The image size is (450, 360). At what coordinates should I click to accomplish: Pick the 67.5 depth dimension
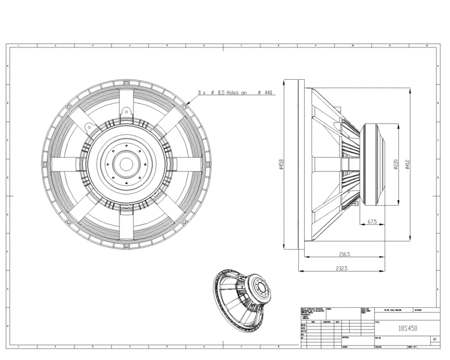pyautogui.click(x=372, y=222)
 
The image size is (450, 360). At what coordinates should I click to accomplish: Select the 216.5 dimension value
pyautogui.click(x=344, y=254)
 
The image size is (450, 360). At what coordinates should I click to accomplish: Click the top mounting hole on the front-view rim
pyautogui.click(x=127, y=80)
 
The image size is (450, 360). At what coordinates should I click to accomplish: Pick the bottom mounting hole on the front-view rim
pyautogui.click(x=127, y=245)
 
